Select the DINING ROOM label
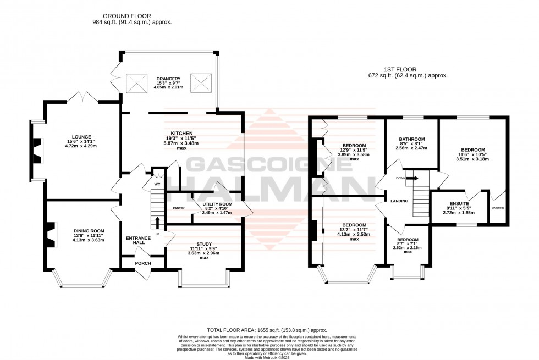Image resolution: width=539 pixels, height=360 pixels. (89, 231)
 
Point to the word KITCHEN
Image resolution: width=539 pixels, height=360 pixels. (181, 134)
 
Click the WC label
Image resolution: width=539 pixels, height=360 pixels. (157, 184)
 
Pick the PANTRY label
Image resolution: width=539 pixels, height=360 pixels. (178, 208)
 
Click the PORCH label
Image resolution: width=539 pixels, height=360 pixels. (142, 263)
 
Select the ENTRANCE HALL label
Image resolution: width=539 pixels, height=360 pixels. (135, 240)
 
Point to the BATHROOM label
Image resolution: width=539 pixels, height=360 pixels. (411, 139)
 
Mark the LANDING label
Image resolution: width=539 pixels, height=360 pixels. (399, 201)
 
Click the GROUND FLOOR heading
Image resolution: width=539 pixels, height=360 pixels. (131, 16)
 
